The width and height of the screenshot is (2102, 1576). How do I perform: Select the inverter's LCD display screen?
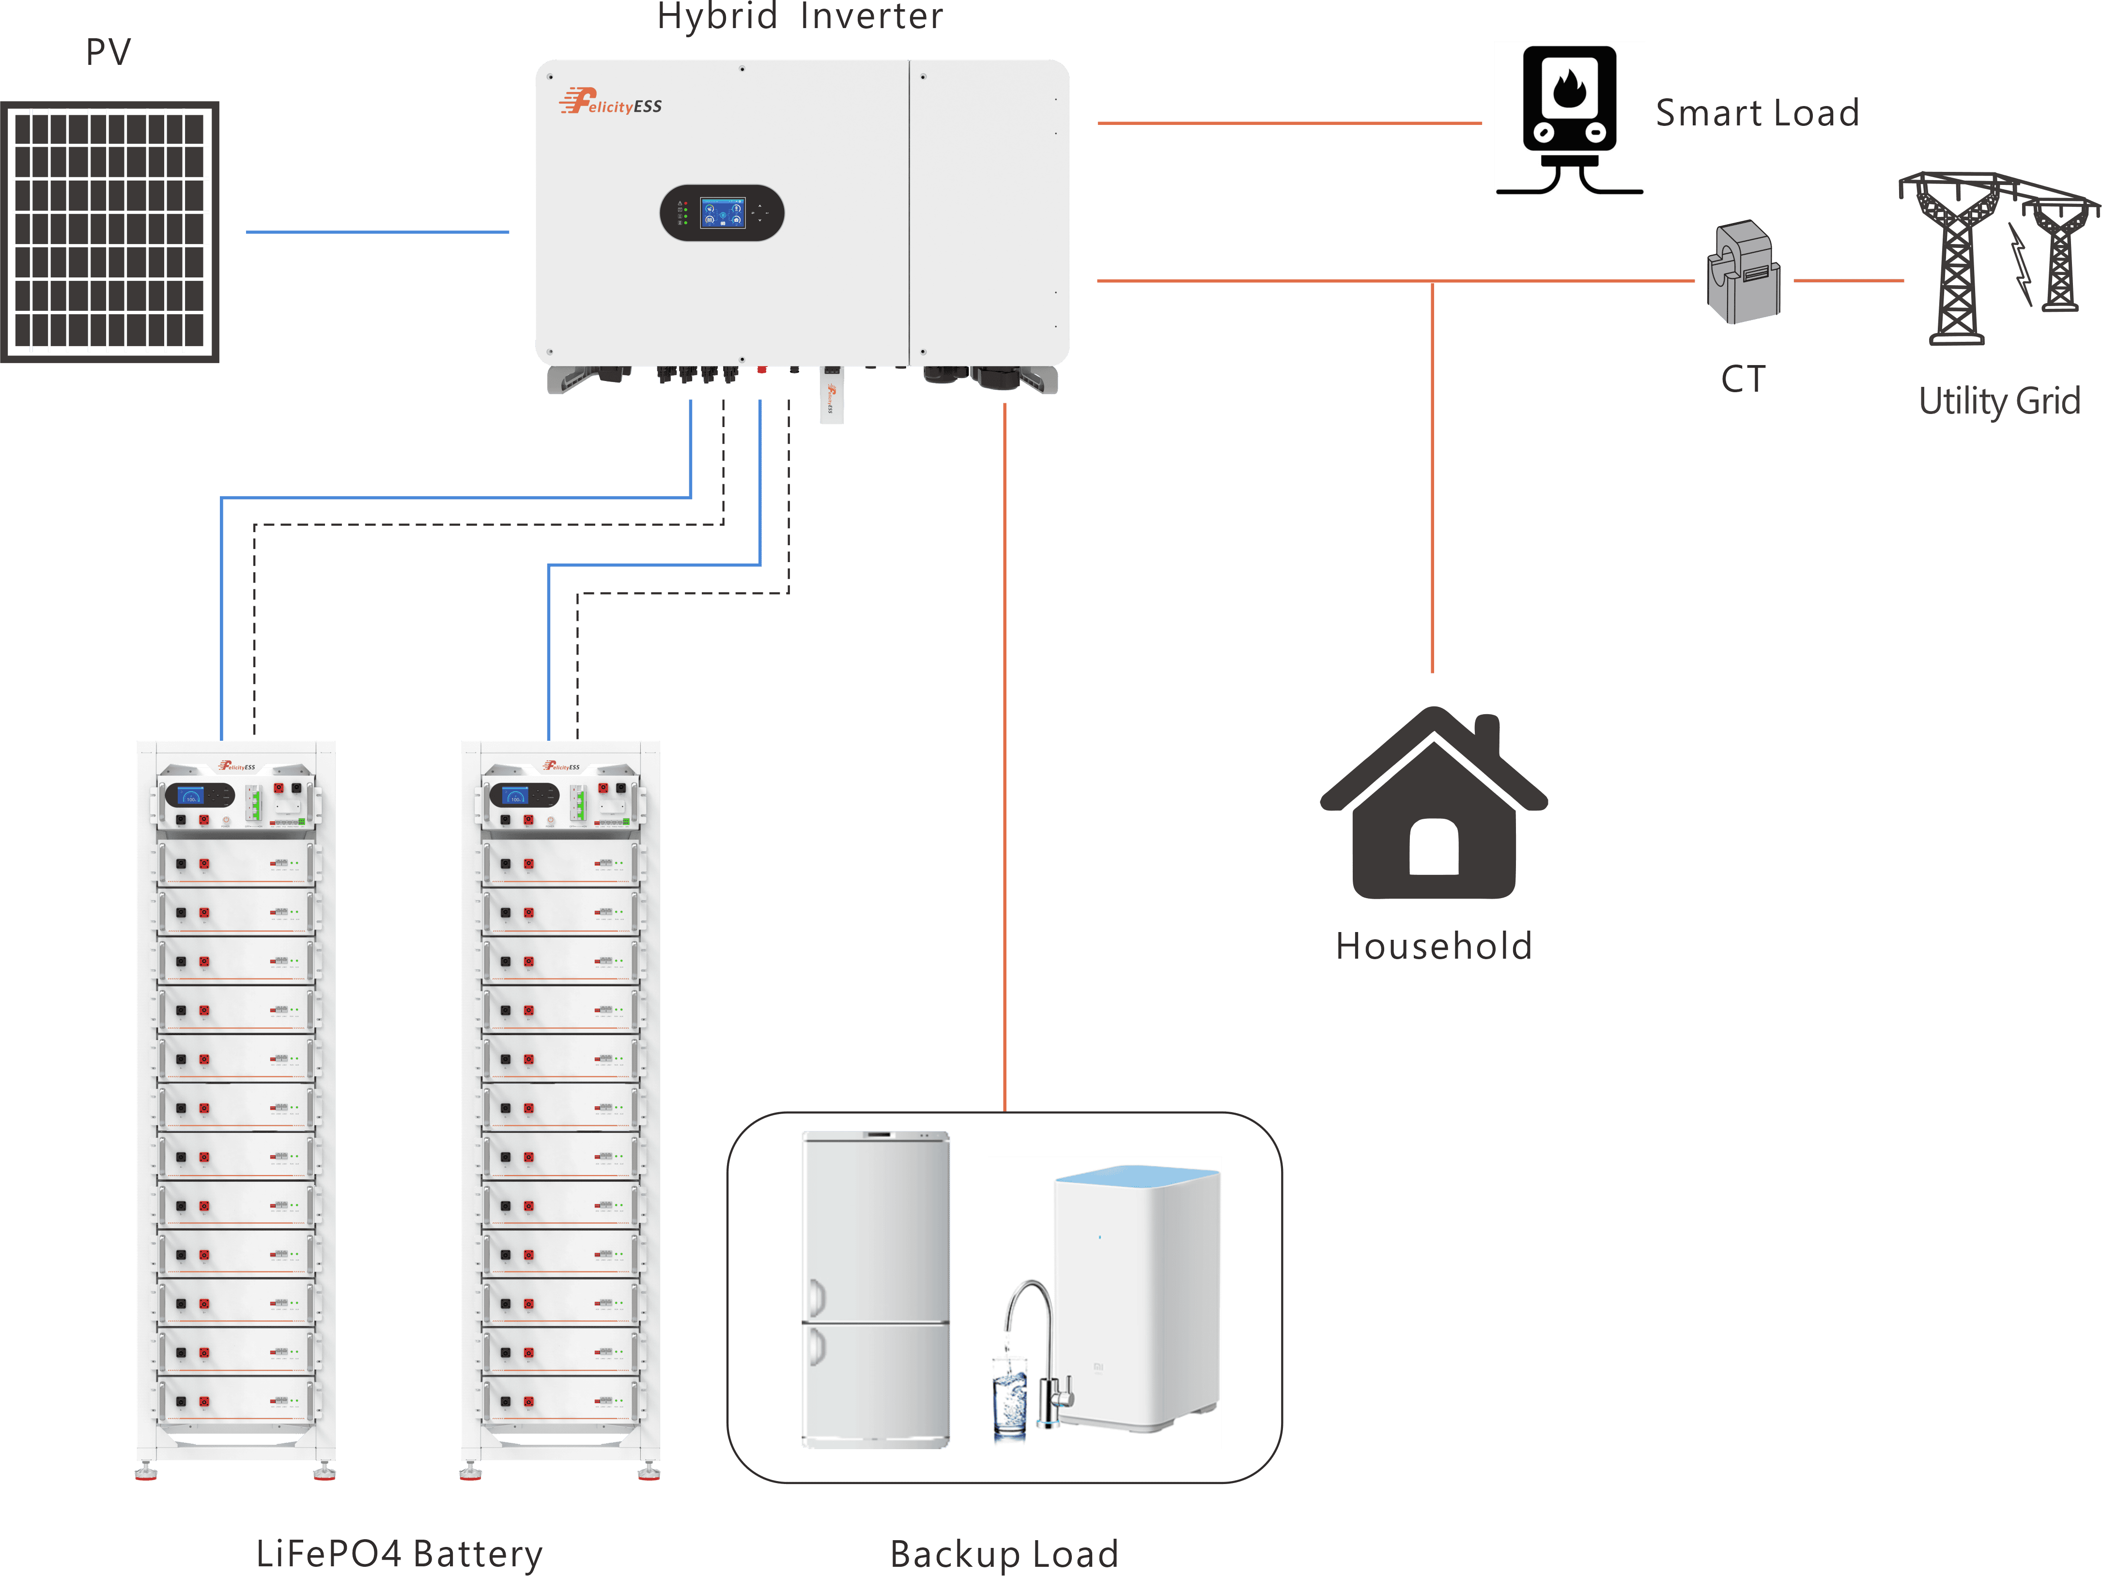coord(722,213)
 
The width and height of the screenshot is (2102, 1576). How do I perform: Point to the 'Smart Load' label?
coord(1757,113)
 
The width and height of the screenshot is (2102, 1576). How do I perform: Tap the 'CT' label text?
coord(1743,379)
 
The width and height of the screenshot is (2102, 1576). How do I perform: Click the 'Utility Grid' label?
coord(1998,401)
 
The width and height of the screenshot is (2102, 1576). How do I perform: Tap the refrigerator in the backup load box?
coord(875,1289)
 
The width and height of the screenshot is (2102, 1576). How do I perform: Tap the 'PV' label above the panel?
coord(108,52)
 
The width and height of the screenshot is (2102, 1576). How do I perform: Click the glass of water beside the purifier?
coord(1009,1396)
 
